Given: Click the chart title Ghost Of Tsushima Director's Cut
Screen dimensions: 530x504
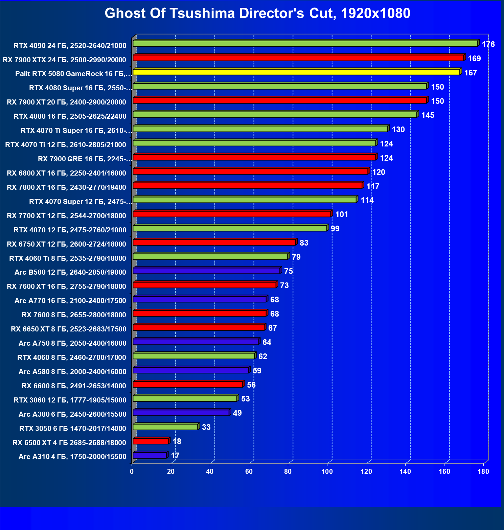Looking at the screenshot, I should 257,14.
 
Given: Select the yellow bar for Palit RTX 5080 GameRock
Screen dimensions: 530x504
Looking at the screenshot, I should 296,72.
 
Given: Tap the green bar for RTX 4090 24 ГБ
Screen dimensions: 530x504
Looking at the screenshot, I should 305,44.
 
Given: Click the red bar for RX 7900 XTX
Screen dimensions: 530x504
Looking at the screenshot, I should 298,58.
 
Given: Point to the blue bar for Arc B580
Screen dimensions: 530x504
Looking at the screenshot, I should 206,271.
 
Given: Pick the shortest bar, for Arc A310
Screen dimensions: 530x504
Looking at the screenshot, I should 150,455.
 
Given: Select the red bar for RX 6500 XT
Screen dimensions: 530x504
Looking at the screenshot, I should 151,441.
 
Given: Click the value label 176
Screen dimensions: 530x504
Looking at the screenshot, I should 488,44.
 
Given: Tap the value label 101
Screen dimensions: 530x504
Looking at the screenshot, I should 341,214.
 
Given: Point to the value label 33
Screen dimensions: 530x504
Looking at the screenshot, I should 206,427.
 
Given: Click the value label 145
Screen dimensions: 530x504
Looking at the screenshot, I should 428,115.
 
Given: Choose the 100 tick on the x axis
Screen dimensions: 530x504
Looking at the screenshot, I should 327,471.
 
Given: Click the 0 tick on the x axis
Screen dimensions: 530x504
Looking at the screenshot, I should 132,471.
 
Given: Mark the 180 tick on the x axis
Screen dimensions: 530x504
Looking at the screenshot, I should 483,471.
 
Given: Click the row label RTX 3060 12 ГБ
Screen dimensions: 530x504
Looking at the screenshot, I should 70,400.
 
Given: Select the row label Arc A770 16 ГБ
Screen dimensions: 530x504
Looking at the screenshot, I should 70,300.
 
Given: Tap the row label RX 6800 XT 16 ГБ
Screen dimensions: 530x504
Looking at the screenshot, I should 66,173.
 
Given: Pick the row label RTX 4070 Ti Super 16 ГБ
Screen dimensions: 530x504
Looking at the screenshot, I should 76,130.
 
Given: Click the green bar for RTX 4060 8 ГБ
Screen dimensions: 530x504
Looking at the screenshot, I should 194,356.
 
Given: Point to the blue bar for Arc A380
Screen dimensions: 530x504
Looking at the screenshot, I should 181,413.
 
